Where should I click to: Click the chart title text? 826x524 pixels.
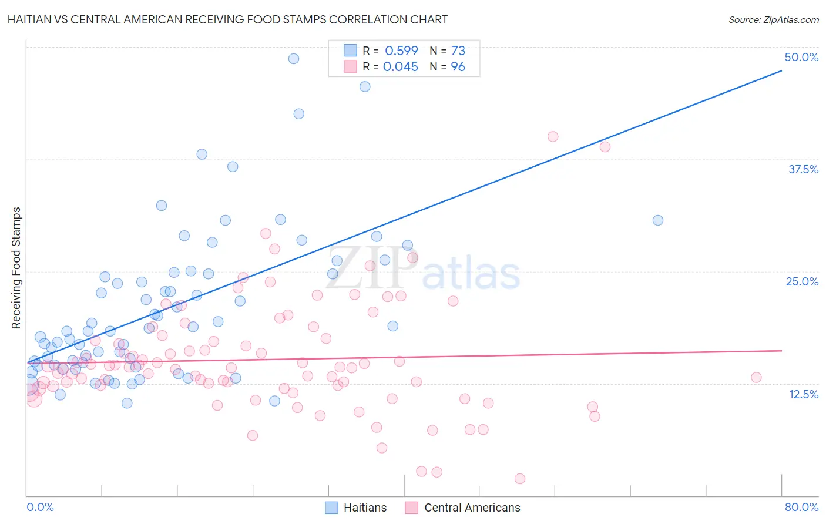coord(227,19)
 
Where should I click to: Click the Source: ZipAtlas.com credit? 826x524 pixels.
coord(773,19)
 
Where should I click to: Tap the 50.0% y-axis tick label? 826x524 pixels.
coord(801,57)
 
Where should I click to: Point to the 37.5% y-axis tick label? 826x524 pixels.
coord(803,169)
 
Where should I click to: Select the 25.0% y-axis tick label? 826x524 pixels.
coord(802,281)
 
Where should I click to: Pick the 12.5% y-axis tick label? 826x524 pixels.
coord(803,394)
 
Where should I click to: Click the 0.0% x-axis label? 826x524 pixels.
coord(40,507)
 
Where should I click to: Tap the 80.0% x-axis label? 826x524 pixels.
coord(801,507)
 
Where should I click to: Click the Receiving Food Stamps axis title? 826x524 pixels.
coord(16,268)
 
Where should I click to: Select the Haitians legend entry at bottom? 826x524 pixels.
coord(356,508)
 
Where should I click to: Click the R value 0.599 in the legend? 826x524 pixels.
coord(401,51)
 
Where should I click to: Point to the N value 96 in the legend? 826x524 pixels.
coord(458,66)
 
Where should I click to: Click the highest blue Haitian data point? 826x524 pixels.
coord(294,59)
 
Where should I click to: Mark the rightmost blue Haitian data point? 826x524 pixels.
coord(658,220)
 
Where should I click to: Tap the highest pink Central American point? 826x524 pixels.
coord(553,136)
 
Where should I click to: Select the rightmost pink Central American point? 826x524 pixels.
coord(757,377)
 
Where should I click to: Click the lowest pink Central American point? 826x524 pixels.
coord(520,479)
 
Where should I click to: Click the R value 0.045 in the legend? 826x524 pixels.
coord(401,66)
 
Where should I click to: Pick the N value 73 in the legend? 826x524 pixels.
coord(458,51)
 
